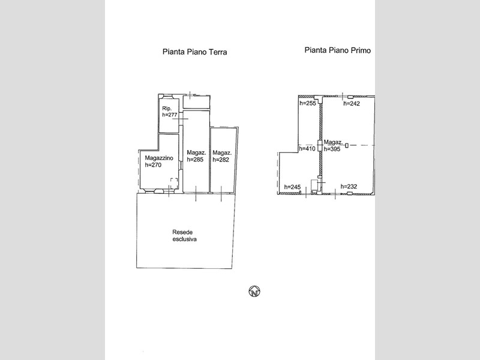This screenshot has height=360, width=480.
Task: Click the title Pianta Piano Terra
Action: (x=194, y=52)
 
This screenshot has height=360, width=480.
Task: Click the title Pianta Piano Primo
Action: (x=337, y=50)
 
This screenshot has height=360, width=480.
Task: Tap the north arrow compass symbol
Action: (x=254, y=291)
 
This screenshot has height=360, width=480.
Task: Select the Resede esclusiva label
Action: (x=184, y=236)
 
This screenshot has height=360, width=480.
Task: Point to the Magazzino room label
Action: (x=159, y=158)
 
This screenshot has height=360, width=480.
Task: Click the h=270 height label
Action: (x=153, y=164)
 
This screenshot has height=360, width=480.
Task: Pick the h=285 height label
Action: (x=195, y=159)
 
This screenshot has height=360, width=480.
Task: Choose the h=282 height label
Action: (x=221, y=160)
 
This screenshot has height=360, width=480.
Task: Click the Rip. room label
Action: (x=167, y=109)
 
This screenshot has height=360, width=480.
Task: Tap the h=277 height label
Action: (x=170, y=115)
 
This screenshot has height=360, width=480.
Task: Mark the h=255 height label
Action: (x=308, y=103)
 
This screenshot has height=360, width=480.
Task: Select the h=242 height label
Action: (x=352, y=103)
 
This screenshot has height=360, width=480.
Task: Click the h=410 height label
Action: (x=307, y=149)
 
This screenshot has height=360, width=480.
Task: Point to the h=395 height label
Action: (x=332, y=149)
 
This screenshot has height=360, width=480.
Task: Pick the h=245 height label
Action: (x=292, y=187)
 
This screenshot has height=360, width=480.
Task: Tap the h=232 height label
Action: (x=349, y=187)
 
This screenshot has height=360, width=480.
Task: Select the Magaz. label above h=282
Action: (x=222, y=153)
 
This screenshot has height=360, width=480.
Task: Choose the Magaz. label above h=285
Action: (x=196, y=152)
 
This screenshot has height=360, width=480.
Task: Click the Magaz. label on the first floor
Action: (x=333, y=142)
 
